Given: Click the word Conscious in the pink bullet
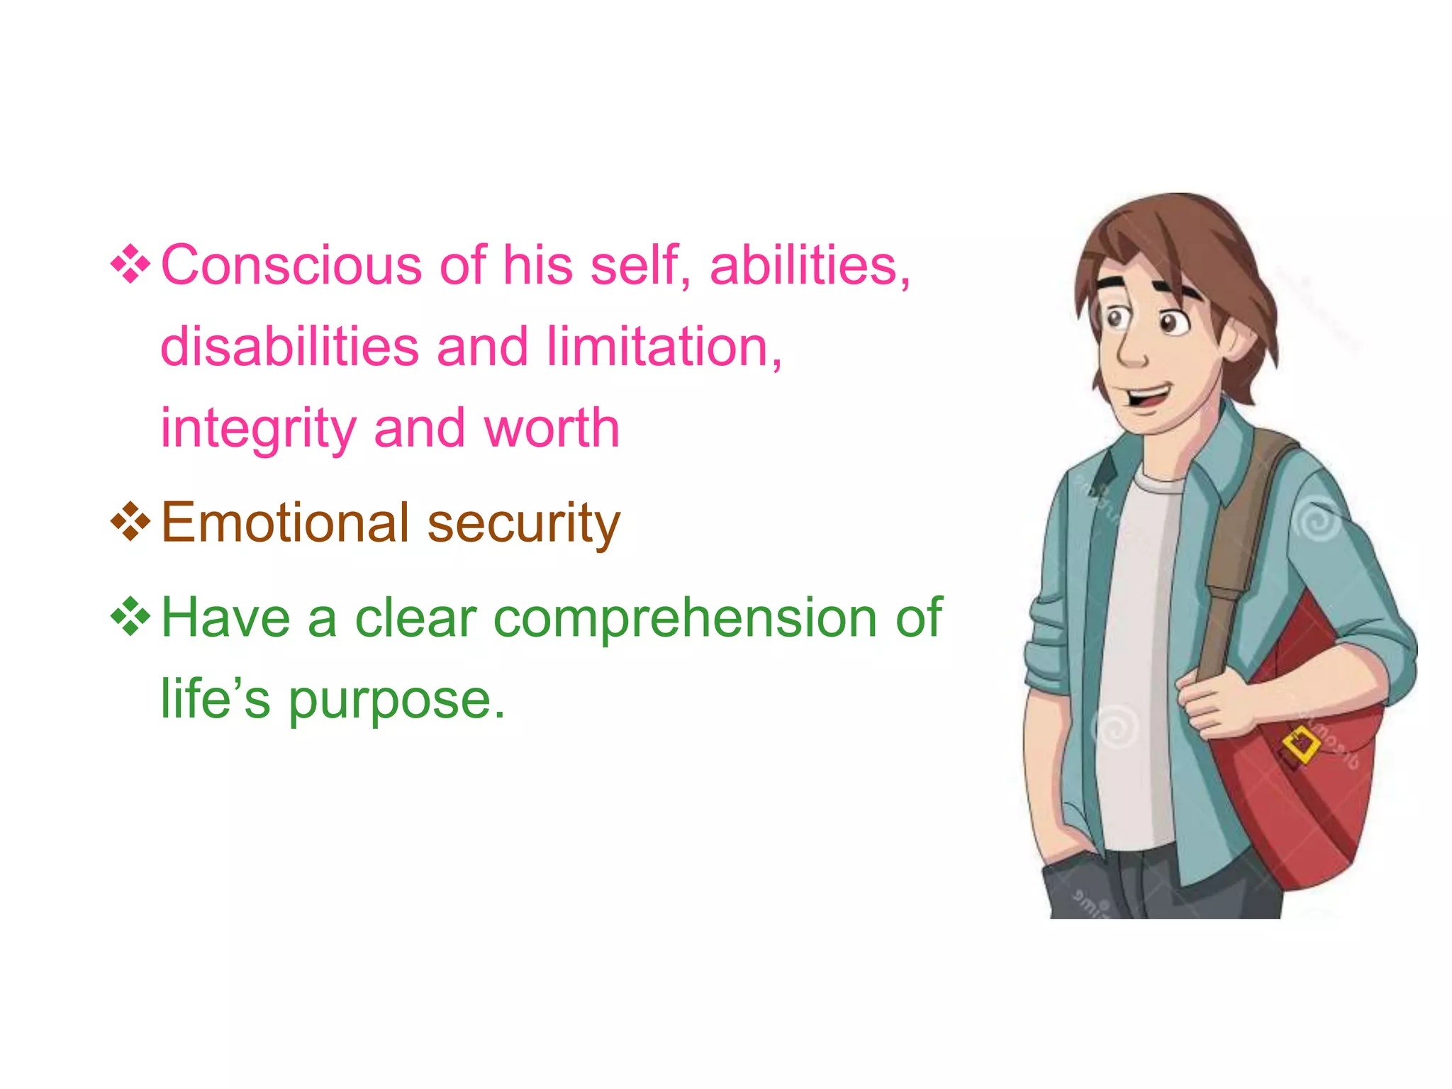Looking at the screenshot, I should coord(291,265).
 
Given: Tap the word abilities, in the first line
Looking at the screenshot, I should coord(809,265).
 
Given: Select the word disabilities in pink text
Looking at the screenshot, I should coord(289,347).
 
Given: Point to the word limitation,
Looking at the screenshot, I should coord(664,347).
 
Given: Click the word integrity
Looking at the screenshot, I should coord(258,430).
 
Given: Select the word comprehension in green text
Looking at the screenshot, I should coord(685,618).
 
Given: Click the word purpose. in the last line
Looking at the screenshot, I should coord(397,700).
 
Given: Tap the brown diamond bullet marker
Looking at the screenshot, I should coord(130,523).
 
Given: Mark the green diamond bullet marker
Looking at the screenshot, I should coord(130,617).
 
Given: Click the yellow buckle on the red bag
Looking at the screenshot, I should coord(1301,744).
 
